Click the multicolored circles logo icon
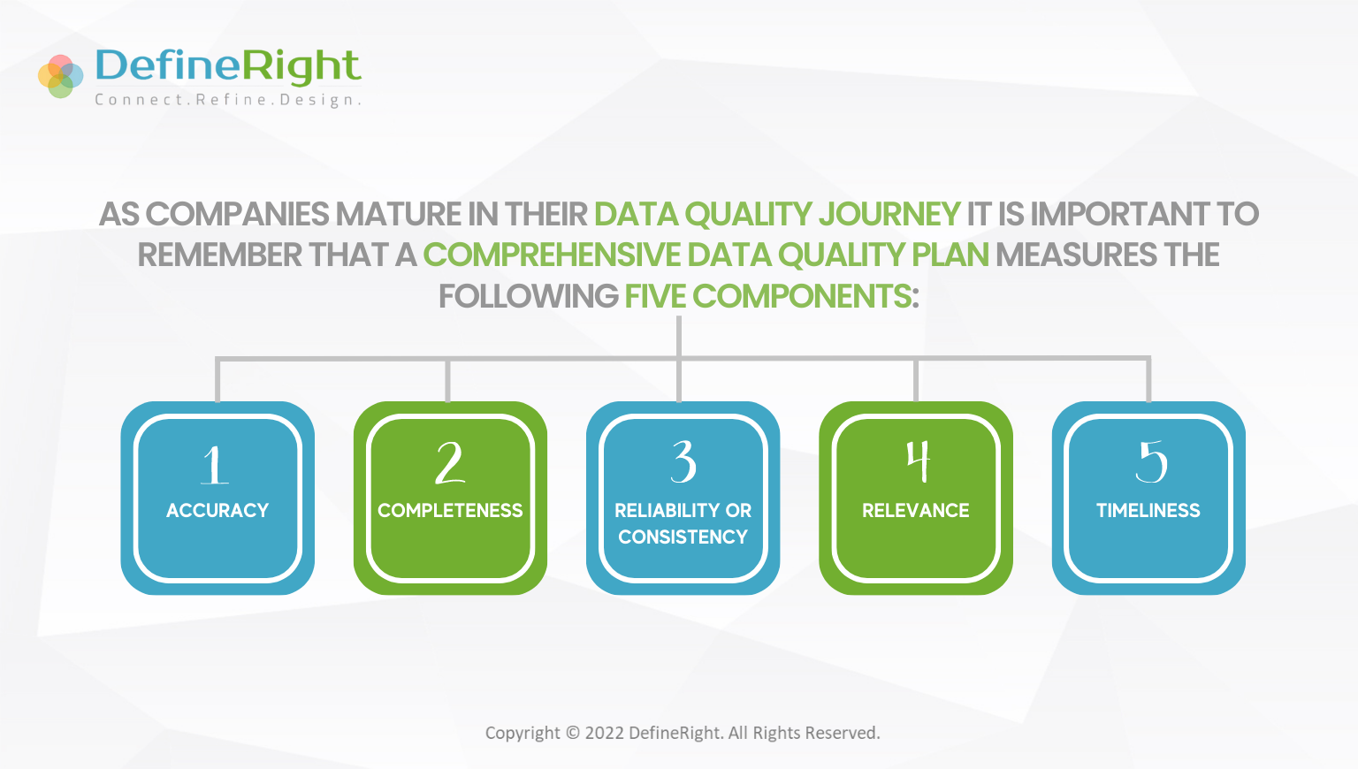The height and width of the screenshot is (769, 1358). click(x=60, y=76)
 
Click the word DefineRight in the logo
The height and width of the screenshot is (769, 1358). click(x=227, y=66)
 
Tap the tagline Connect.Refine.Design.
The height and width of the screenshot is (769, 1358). click(x=227, y=100)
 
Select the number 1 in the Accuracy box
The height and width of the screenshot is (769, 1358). click(x=215, y=464)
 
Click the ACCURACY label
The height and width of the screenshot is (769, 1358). click(x=217, y=510)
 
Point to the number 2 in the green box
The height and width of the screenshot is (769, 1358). click(x=450, y=463)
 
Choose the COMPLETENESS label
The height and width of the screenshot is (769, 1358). click(x=450, y=510)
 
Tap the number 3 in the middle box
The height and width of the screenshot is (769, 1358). click(x=683, y=461)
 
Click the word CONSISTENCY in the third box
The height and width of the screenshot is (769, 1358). click(x=683, y=537)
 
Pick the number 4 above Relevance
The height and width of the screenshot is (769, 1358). click(x=918, y=461)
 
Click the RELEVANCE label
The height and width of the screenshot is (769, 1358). click(x=915, y=510)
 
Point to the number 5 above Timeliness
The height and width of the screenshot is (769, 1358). click(x=1150, y=461)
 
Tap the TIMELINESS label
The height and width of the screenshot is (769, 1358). click(x=1148, y=510)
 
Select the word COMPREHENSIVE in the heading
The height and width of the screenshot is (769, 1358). click(x=552, y=255)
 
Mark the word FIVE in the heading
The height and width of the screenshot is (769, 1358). click(x=655, y=296)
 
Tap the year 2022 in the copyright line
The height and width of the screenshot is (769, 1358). click(x=605, y=733)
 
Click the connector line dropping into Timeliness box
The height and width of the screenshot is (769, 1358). click(x=1148, y=380)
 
